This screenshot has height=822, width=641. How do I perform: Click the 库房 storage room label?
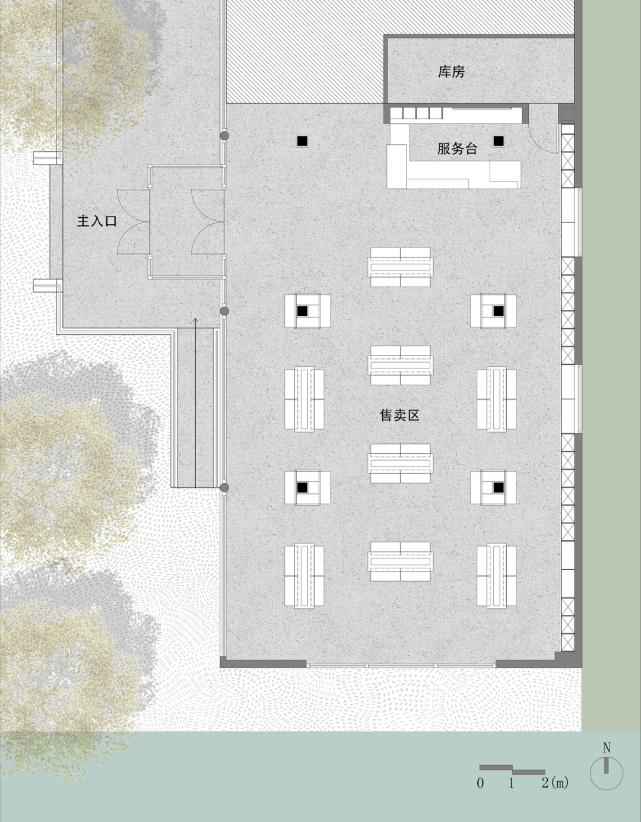click(451, 72)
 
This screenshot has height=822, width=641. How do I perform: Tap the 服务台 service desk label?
click(457, 148)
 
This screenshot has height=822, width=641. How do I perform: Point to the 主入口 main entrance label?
click(97, 221)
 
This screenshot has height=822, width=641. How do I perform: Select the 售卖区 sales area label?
click(399, 415)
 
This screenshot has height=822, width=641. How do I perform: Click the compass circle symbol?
click(606, 773)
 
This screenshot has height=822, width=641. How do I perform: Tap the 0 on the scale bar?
click(480, 783)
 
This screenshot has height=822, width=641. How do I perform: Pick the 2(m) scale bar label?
click(555, 783)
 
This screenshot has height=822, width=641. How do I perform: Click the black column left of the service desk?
click(302, 141)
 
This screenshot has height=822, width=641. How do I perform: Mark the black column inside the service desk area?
click(499, 141)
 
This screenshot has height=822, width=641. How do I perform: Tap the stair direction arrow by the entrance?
click(195, 402)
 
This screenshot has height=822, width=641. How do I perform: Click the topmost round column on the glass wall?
click(224, 136)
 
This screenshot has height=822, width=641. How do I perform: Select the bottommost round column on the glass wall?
click(224, 488)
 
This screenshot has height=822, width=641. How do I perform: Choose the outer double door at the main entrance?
click(133, 221)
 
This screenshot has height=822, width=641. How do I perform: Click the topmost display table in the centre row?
click(401, 267)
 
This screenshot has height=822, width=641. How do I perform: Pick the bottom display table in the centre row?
click(401, 561)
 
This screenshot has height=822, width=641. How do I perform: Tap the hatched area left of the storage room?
click(304, 52)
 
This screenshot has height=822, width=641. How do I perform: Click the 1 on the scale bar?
click(511, 783)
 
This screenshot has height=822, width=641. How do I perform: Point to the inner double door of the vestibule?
click(207, 221)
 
